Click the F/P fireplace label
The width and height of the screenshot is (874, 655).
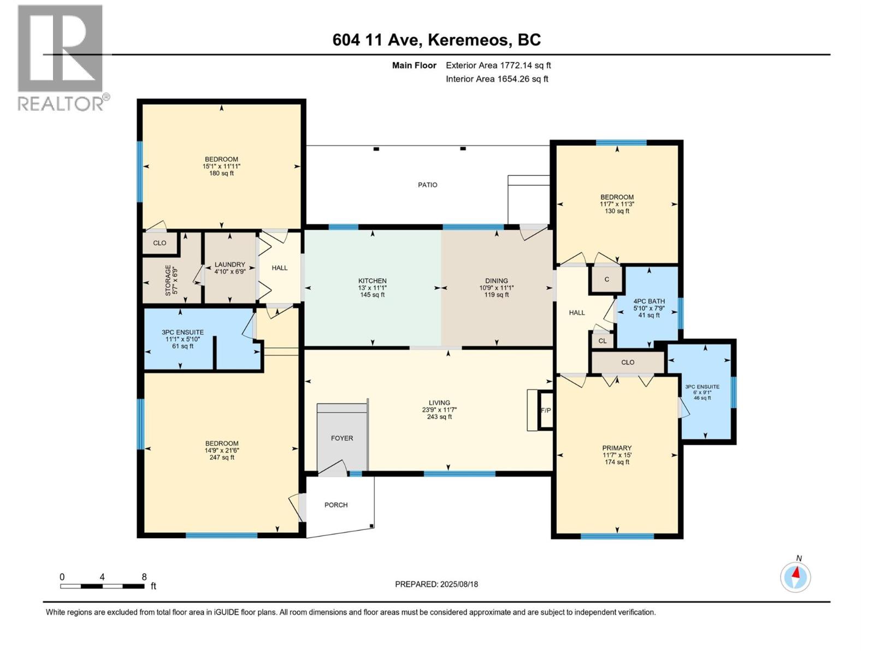pos(546,410)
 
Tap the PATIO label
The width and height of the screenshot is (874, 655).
pos(427,184)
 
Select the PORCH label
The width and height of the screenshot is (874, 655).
pos(335,505)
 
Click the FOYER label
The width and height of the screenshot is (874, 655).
pos(341,438)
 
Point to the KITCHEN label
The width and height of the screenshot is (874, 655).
pos(373,281)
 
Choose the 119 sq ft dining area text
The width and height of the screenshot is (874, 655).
pos(497,295)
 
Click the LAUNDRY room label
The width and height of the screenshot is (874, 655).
pos(230,265)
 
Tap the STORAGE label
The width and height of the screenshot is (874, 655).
pos(168,281)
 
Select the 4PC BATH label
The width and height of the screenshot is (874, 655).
pos(649,301)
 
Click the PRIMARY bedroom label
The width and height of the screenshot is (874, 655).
pos(617,448)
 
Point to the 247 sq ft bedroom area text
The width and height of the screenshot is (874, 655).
pos(222,457)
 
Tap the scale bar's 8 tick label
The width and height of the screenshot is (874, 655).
pos(144,576)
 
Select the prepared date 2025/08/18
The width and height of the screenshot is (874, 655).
pos(459,584)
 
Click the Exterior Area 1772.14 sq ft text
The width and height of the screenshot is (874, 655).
pos(498,65)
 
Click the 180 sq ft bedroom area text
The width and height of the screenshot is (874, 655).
pos(221,174)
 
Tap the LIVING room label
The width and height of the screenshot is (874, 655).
pos(439,402)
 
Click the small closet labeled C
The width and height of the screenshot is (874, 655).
pos(606,279)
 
